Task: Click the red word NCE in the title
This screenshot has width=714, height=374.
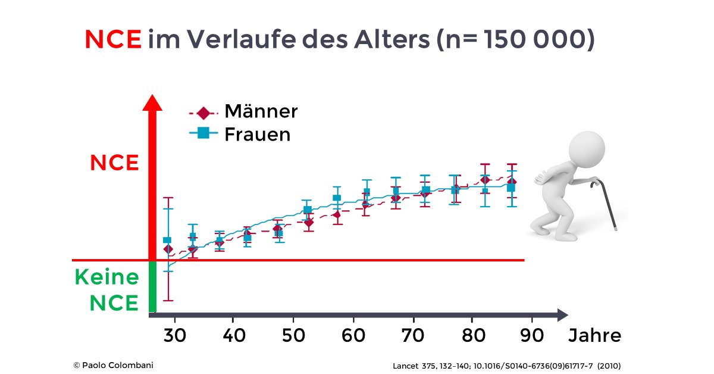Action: (x=113, y=39)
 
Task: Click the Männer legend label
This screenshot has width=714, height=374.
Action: (x=261, y=111)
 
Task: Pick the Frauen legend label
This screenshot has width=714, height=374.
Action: (x=257, y=135)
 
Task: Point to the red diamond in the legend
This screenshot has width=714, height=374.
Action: (x=204, y=112)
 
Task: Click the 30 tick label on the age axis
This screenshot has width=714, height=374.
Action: (x=174, y=335)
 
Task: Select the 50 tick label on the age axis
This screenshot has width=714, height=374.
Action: (x=293, y=335)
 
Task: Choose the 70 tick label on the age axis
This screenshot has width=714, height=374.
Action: (x=412, y=335)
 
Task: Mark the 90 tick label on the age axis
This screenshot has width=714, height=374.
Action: (x=531, y=335)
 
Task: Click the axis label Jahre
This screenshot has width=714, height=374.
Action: (x=594, y=335)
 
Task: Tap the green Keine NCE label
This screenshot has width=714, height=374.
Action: (x=107, y=290)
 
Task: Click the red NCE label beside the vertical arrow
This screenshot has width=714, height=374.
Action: (x=114, y=163)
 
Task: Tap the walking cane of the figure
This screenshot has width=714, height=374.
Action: (x=607, y=205)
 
